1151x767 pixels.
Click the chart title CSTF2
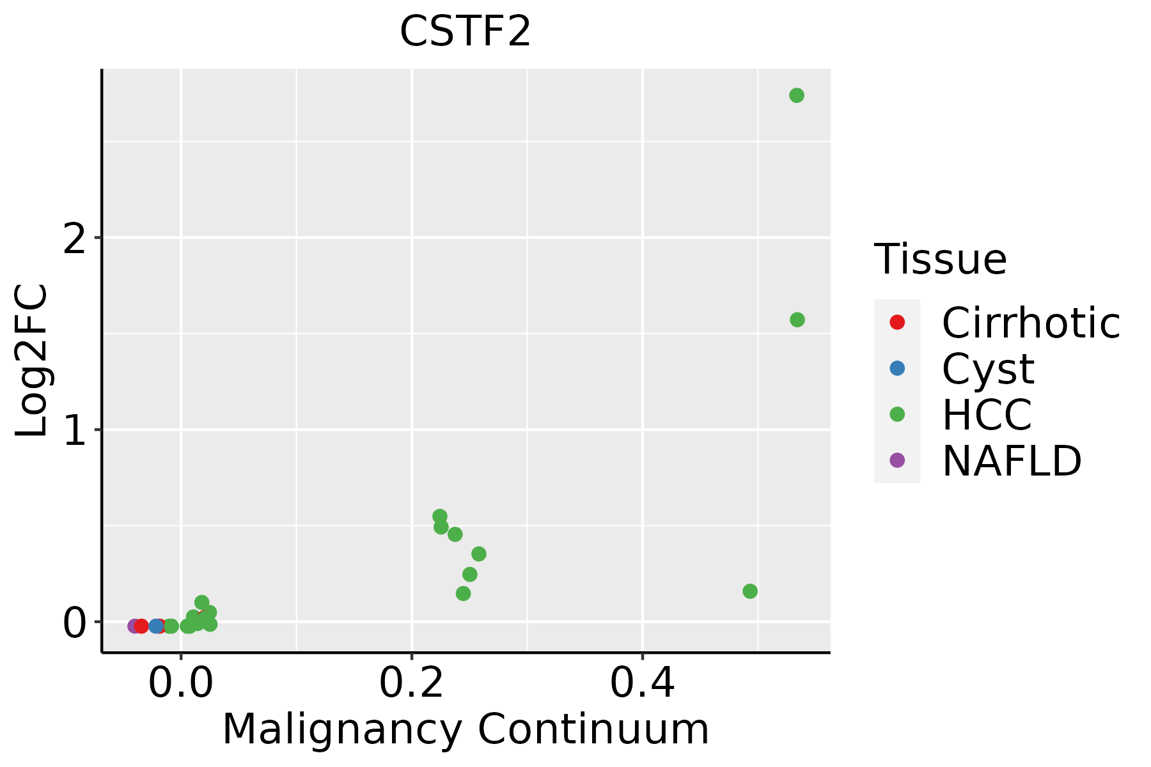tap(465, 31)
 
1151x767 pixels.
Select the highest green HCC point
tap(796, 95)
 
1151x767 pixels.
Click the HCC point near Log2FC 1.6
tap(797, 320)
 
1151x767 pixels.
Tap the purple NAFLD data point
tap(134, 626)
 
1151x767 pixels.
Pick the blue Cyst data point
tap(156, 626)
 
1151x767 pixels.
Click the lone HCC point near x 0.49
tap(750, 591)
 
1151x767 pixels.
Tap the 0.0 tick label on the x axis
tap(181, 683)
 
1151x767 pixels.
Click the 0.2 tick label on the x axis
tap(412, 683)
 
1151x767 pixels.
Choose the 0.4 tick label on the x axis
tap(642, 683)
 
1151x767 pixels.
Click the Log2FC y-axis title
tap(32, 360)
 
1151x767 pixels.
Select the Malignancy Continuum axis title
tap(465, 729)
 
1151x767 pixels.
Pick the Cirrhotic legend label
tap(1031, 323)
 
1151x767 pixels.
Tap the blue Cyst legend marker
tap(897, 368)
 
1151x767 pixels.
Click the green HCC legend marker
tap(897, 414)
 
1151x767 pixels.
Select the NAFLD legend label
tap(1012, 460)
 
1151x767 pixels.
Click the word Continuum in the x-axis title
tap(594, 729)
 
